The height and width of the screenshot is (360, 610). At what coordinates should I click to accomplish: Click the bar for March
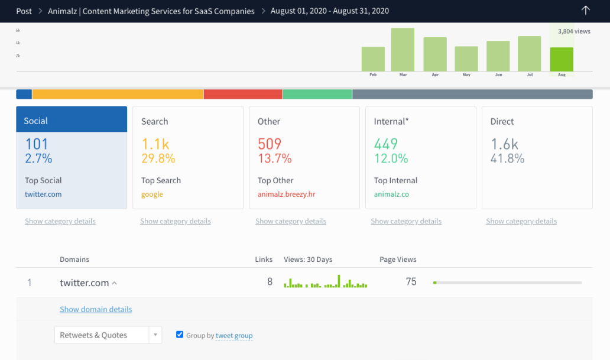point(403,50)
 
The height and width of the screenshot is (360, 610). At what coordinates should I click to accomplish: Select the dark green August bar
point(561,59)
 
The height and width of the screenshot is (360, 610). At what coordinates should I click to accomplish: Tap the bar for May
point(466,59)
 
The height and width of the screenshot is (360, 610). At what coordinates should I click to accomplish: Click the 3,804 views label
point(573,31)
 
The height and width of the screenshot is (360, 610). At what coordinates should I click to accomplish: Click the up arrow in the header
point(586,11)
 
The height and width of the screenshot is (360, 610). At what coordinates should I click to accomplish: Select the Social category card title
point(36,121)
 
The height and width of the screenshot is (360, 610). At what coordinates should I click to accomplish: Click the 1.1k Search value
point(155,144)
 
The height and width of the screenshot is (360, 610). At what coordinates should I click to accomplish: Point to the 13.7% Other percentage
point(275,158)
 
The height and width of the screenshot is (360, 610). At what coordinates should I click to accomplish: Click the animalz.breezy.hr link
point(287,194)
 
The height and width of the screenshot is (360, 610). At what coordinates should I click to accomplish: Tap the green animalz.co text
point(391,194)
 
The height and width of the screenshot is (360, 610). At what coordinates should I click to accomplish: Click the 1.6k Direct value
point(504,144)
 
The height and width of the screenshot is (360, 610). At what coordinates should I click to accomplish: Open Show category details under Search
point(176,221)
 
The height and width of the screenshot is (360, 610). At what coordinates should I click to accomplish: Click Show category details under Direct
point(521,221)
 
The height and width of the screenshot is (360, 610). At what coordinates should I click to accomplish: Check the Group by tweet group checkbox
point(180,335)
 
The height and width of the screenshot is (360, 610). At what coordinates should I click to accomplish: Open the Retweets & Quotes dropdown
point(108,335)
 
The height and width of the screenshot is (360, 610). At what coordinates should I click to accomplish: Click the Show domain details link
point(96,309)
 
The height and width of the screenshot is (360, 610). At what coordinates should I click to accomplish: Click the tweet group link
point(234,336)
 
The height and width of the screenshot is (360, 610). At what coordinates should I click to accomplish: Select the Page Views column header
point(398,260)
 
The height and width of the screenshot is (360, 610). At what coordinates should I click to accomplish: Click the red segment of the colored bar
point(243,95)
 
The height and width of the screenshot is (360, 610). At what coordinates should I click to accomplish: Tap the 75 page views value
point(411,282)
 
